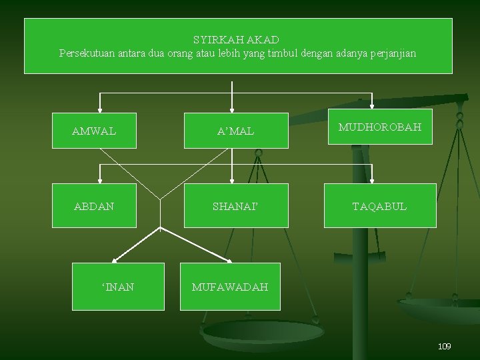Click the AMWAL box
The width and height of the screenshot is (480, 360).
[x=94, y=131]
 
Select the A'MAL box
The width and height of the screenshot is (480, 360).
[x=235, y=131]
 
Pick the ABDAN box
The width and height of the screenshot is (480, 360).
[x=94, y=207]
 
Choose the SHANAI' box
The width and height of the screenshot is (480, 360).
[x=235, y=207]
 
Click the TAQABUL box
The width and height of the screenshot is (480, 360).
[x=380, y=207]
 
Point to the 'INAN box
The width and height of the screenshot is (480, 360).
[x=118, y=287]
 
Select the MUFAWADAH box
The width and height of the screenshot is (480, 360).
[x=230, y=287]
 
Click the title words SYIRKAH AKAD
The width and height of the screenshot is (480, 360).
[x=236, y=40]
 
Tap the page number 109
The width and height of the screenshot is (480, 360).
[x=444, y=346]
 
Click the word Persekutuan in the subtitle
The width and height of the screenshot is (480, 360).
[x=87, y=53]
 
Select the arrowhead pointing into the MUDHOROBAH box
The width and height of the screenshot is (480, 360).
[x=371, y=103]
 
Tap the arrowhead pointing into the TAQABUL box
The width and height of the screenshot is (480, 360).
[x=371, y=179]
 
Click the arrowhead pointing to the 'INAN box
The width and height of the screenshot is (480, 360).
[x=115, y=260]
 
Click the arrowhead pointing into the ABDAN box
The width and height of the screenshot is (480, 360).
[x=100, y=179]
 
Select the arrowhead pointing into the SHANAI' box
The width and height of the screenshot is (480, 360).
[x=232, y=179]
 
